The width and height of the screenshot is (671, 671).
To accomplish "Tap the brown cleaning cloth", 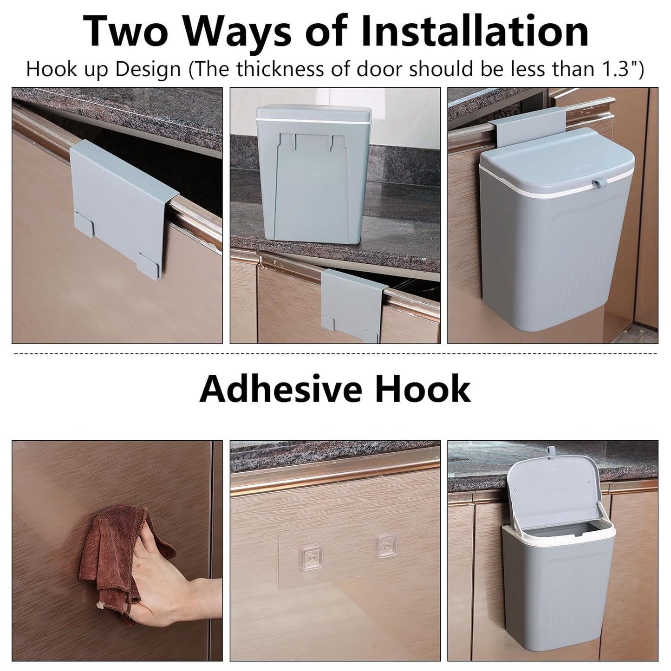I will coord(118,557).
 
